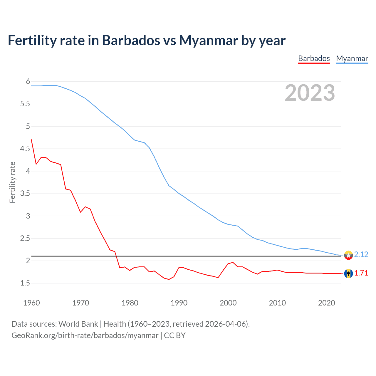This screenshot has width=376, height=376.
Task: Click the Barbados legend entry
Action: coord(314,58)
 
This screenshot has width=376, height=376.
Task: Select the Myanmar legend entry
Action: coord(352,58)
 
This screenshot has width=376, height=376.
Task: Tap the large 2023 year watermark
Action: coord(310,93)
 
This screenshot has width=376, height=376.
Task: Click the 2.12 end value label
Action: coord(361,254)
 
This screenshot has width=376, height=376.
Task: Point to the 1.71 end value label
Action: coord(361,273)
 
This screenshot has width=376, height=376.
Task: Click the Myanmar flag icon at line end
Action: coord(348,255)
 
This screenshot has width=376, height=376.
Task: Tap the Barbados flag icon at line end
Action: coord(348,273)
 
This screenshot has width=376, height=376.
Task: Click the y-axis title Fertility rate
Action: coord(12,182)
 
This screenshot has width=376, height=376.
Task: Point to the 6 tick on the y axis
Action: coord(28,81)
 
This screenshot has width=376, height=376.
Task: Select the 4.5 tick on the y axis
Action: coord(25,149)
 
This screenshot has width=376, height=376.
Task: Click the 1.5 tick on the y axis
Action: coord(25,283)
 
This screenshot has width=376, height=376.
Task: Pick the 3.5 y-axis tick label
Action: coord(25,193)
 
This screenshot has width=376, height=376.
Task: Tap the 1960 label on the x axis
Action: coord(31,303)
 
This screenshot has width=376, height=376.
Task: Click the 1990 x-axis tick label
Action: coord(179,303)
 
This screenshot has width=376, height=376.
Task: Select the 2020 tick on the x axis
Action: coord(326,303)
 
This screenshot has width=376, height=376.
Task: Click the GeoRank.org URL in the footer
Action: coord(85,335)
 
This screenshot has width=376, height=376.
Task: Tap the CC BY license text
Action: coord(175,335)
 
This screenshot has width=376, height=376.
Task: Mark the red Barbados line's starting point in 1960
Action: coord(31,140)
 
